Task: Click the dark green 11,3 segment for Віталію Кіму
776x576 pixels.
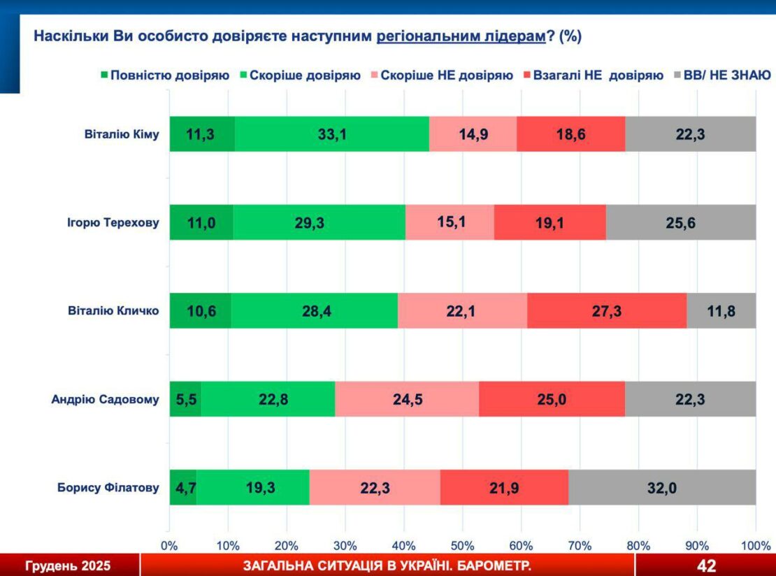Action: pyautogui.click(x=201, y=134)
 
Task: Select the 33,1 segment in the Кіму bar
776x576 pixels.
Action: pyautogui.click(x=331, y=134)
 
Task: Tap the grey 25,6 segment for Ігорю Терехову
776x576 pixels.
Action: pyautogui.click(x=680, y=222)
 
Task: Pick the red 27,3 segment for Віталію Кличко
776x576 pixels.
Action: pyautogui.click(x=606, y=310)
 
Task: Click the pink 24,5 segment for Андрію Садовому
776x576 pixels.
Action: pyautogui.click(x=406, y=399)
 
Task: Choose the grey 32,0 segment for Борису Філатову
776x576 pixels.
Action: pyautogui.click(x=661, y=487)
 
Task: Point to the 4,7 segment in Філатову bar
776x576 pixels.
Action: pyautogui.click(x=182, y=487)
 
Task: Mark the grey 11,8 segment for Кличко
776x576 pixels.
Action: pyautogui.click(x=721, y=310)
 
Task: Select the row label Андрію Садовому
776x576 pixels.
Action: pyautogui.click(x=106, y=400)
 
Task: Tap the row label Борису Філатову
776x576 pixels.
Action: pyautogui.click(x=108, y=488)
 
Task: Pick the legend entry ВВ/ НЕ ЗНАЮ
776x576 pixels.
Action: pyautogui.click(x=730, y=75)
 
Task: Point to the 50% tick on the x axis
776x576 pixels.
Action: pyautogui.click(x=462, y=545)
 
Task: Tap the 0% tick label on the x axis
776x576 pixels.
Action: pyautogui.click(x=169, y=545)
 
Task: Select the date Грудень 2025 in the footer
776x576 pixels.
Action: pyautogui.click(x=68, y=566)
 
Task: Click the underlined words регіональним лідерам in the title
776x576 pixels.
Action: pyautogui.click(x=461, y=36)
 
